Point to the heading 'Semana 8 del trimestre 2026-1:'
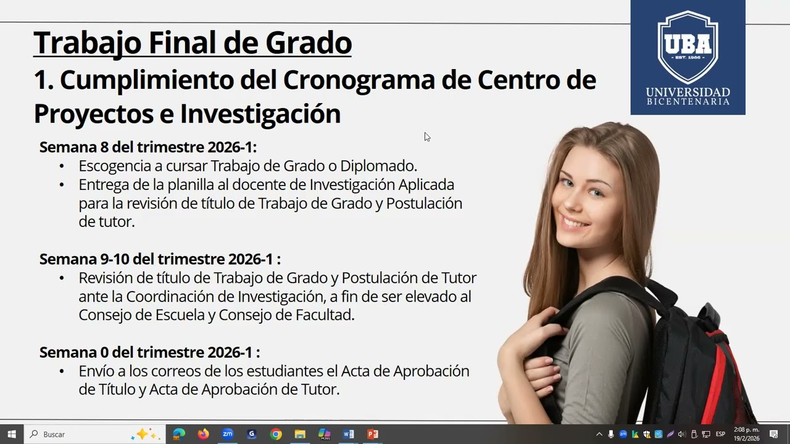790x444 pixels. click(x=148, y=147)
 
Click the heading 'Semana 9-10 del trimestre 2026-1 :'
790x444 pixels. click(x=160, y=259)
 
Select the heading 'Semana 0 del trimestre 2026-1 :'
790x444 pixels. click(x=149, y=352)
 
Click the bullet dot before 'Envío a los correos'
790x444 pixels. click(x=62, y=371)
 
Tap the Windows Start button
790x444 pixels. click(x=12, y=434)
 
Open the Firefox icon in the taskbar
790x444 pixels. click(x=203, y=434)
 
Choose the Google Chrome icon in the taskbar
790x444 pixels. click(x=276, y=434)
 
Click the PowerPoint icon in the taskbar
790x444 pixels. click(x=372, y=434)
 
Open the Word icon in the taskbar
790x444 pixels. click(x=348, y=434)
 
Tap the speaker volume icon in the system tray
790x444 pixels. click(x=681, y=434)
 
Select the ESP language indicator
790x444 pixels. click(x=720, y=434)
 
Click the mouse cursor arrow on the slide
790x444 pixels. click(x=426, y=136)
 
